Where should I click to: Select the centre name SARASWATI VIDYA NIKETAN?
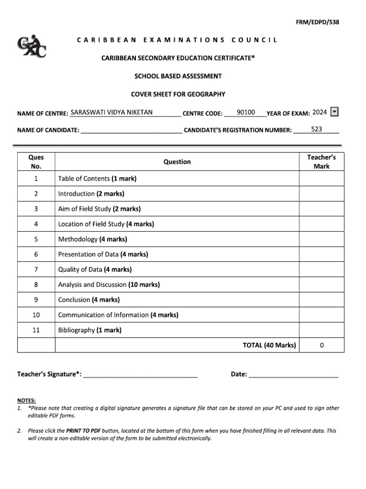(112, 113)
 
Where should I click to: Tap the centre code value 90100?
(246, 113)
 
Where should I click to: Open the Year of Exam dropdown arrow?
(335, 112)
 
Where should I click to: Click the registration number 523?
(316, 129)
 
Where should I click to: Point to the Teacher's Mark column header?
(321, 162)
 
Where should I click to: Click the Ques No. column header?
(36, 162)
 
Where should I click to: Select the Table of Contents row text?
(97, 179)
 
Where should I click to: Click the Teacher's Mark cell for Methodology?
(321, 239)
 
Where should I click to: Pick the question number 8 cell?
(36, 285)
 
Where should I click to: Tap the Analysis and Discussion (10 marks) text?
(109, 285)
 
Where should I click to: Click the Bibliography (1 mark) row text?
(90, 330)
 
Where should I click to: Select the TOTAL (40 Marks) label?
(269, 345)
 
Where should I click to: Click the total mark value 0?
(322, 345)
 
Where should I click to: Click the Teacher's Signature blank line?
(140, 375)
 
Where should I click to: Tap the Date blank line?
(293, 375)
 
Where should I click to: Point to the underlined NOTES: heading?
(26, 401)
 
